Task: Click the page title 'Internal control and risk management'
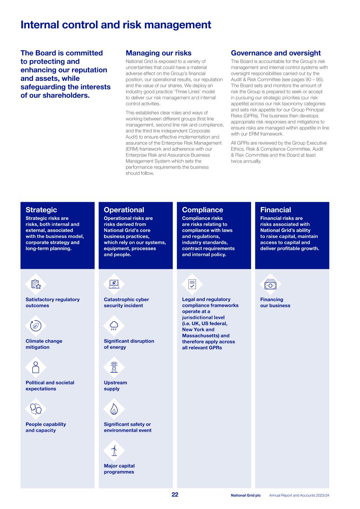coord(116,25)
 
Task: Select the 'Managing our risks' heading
coord(159,53)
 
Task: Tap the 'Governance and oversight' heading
coord(276,53)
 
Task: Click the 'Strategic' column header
coord(41,210)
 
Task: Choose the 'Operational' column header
coord(124,210)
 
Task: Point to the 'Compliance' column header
coord(203,210)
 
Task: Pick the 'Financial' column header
coord(276,210)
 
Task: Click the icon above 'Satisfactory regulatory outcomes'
coord(36,285)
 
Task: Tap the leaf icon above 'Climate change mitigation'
coord(36,326)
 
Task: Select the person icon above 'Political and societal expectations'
coord(36,367)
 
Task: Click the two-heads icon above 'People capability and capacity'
coord(36,409)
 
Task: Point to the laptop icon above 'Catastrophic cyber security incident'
coord(114,285)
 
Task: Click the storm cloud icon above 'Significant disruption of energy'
coord(114,326)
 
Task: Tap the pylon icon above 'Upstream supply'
coord(114,367)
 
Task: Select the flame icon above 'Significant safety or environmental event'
coord(114,409)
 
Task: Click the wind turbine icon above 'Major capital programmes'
coord(114,450)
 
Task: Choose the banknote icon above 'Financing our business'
coord(270,285)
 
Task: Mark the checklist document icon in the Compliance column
coord(192,285)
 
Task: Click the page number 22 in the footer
coord(175,494)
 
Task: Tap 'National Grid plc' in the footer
coord(246,495)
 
